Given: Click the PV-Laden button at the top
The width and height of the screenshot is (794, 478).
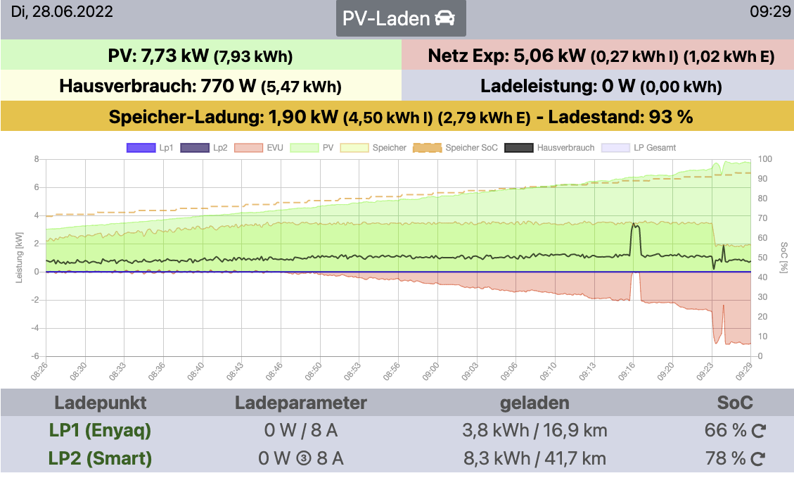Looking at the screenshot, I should [400, 19].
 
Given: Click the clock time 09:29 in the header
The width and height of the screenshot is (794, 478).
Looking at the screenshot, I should [770, 12].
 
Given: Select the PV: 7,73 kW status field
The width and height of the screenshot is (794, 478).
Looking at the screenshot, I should [200, 56].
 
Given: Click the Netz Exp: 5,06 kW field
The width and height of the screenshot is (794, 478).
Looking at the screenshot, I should [597, 56].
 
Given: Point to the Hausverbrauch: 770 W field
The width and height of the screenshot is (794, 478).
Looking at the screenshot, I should [200, 87].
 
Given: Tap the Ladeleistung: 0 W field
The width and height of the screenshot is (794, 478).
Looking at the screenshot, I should [597, 87].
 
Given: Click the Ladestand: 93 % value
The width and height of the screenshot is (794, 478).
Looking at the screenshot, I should [620, 117].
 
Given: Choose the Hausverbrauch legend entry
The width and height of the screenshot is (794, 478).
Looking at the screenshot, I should [551, 148].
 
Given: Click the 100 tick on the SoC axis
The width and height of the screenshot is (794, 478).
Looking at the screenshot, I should [765, 159].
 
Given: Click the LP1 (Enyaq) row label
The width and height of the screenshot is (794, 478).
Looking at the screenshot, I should [100, 430].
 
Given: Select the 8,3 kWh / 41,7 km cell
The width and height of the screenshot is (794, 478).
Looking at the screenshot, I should [534, 459].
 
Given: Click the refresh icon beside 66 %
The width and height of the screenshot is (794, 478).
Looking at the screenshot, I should [758, 431].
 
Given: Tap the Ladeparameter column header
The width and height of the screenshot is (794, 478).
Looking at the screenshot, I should [300, 403].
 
